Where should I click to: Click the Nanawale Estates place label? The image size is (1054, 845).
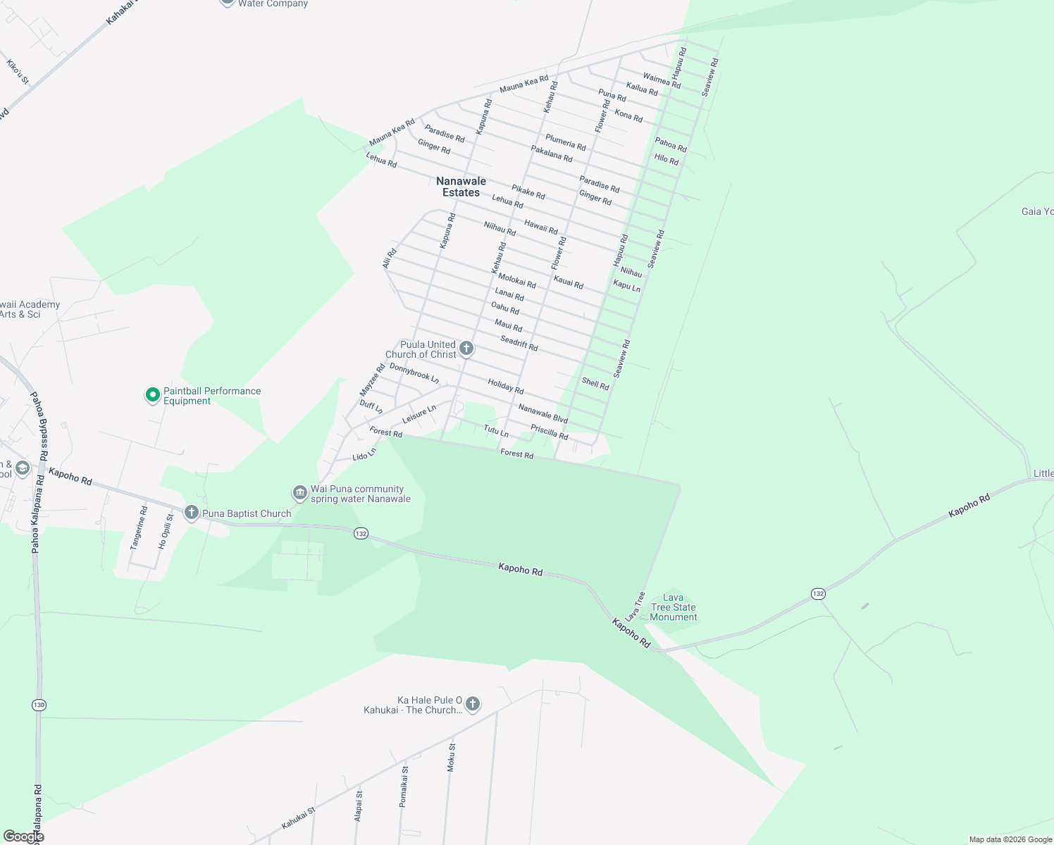click(x=461, y=187)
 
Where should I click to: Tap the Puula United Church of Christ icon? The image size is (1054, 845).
click(x=466, y=348)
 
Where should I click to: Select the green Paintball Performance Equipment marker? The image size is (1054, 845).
click(x=152, y=395)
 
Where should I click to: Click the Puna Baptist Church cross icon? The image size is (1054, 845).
click(x=191, y=513)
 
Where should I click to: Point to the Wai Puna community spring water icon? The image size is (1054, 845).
click(x=300, y=492)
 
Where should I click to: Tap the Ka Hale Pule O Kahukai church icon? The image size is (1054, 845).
click(x=473, y=703)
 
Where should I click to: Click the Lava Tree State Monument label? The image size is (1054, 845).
click(x=674, y=607)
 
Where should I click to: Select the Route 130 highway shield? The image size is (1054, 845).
click(x=39, y=705)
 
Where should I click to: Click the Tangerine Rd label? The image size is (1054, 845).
click(x=139, y=527)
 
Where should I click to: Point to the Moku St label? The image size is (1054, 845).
click(x=452, y=757)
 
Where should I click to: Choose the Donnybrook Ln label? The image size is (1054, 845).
click(x=414, y=373)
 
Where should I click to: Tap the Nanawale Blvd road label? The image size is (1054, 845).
click(x=542, y=413)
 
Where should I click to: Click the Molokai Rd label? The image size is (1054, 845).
click(x=517, y=282)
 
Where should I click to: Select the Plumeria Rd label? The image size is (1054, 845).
click(x=566, y=142)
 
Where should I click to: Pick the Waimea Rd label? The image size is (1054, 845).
click(x=662, y=81)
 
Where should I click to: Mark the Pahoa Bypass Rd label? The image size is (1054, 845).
click(x=39, y=427)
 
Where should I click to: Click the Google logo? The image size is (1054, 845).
click(x=23, y=837)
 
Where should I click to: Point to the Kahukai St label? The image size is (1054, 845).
click(x=299, y=818)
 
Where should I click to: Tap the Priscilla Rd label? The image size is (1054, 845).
click(x=549, y=432)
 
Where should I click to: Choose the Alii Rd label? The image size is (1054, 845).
click(x=389, y=258)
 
